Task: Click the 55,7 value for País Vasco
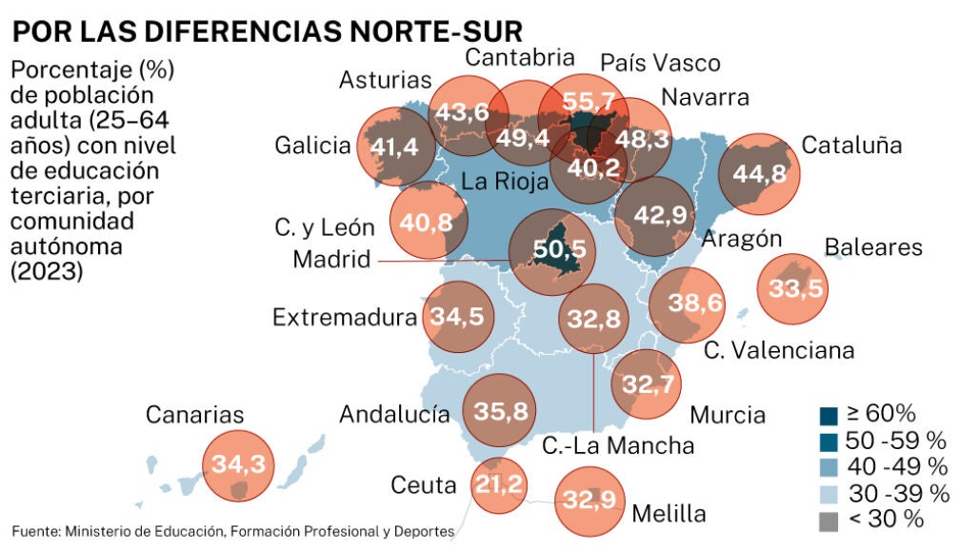click(582, 103)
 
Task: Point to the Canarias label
click(194, 415)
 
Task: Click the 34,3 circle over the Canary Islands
click(238, 464)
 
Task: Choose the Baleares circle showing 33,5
click(791, 289)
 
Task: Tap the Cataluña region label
click(851, 146)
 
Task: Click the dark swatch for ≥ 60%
click(829, 415)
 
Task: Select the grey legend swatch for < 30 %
click(829, 520)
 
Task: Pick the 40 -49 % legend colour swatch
click(829, 467)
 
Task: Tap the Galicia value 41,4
click(394, 147)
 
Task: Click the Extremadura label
click(346, 317)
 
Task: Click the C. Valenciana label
click(779, 350)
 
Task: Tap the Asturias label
click(385, 80)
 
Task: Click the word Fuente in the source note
click(34, 530)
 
